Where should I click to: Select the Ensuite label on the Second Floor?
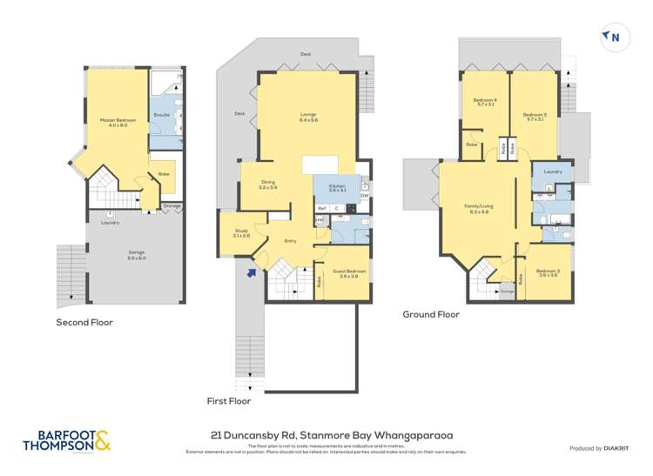click(x=162, y=114)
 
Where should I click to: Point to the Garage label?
click(x=112, y=256)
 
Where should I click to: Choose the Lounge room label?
click(x=307, y=115)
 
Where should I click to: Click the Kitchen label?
click(x=337, y=187)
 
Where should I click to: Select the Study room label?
click(x=241, y=233)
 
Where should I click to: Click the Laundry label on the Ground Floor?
click(x=553, y=171)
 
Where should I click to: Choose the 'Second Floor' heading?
click(x=84, y=322)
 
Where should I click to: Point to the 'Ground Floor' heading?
click(x=430, y=315)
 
